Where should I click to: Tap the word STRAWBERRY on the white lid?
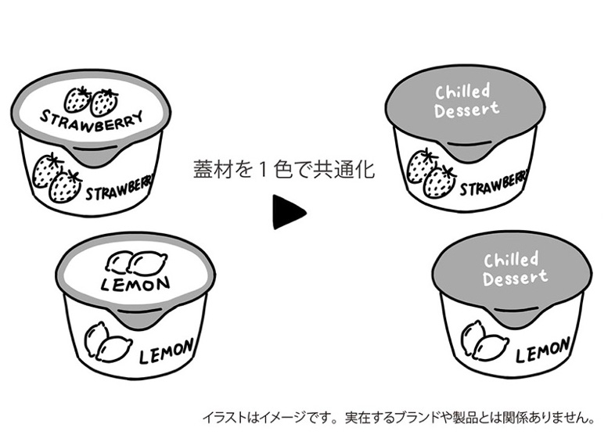92,122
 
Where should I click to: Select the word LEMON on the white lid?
136,281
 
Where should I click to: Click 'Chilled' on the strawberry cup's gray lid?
462,92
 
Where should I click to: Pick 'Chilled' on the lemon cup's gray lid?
511,261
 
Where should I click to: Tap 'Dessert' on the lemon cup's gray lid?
515,278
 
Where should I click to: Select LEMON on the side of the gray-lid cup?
541,353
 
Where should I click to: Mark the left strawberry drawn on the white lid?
77,99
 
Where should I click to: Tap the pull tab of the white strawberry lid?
92,155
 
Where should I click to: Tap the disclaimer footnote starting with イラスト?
399,417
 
